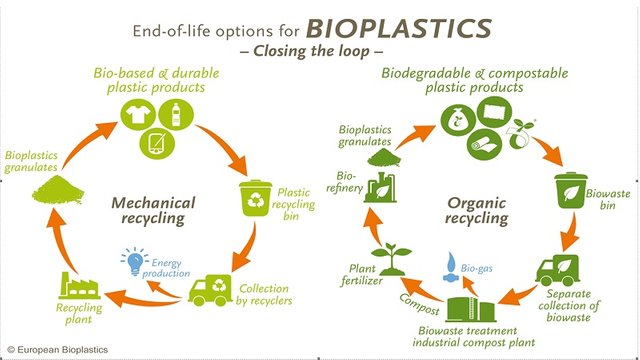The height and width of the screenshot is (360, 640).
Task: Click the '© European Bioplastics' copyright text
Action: (x=58, y=349)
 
